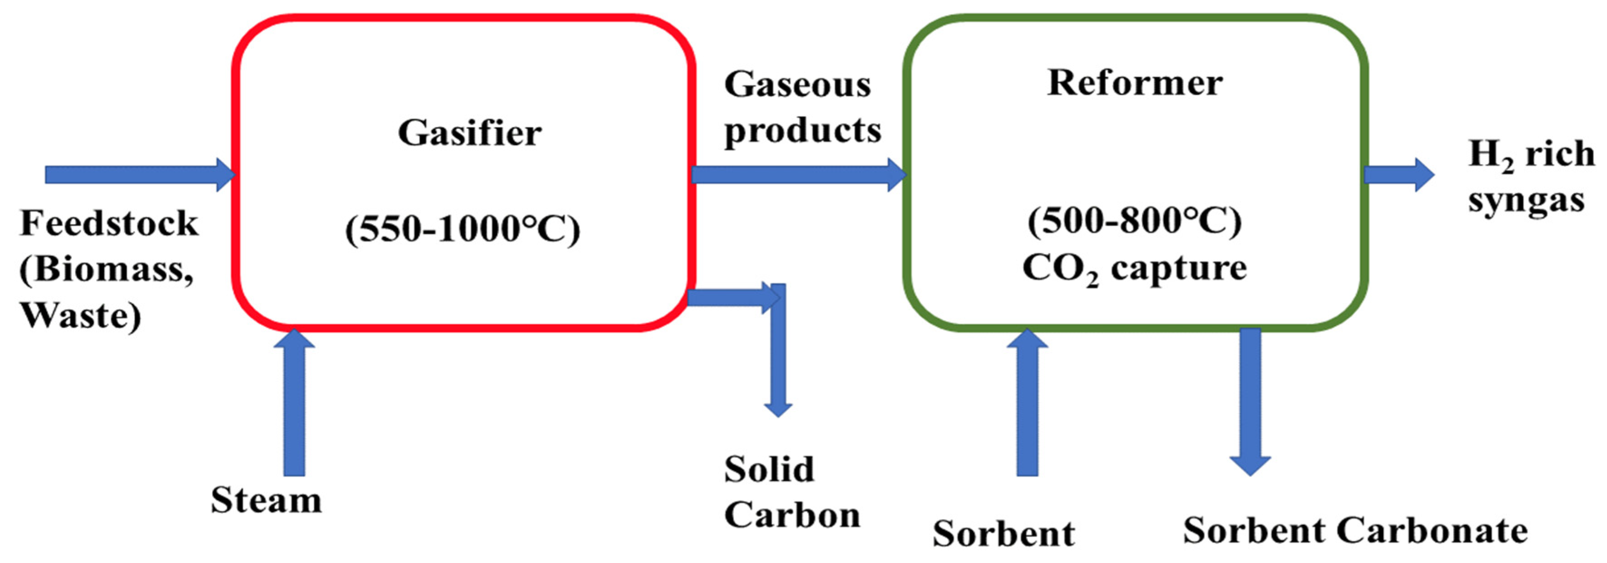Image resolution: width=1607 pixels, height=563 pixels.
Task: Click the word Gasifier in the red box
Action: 469,133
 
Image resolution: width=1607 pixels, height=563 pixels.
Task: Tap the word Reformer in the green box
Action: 1134,83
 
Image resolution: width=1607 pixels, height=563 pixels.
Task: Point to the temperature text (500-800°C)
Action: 1134,220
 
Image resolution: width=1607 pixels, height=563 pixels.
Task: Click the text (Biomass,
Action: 106,269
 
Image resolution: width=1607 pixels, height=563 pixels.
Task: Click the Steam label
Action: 266,500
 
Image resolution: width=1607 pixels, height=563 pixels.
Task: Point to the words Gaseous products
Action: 802,107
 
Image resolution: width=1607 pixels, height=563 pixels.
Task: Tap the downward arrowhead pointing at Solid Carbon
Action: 778,408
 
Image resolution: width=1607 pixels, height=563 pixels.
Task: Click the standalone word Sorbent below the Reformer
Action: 1003,533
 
